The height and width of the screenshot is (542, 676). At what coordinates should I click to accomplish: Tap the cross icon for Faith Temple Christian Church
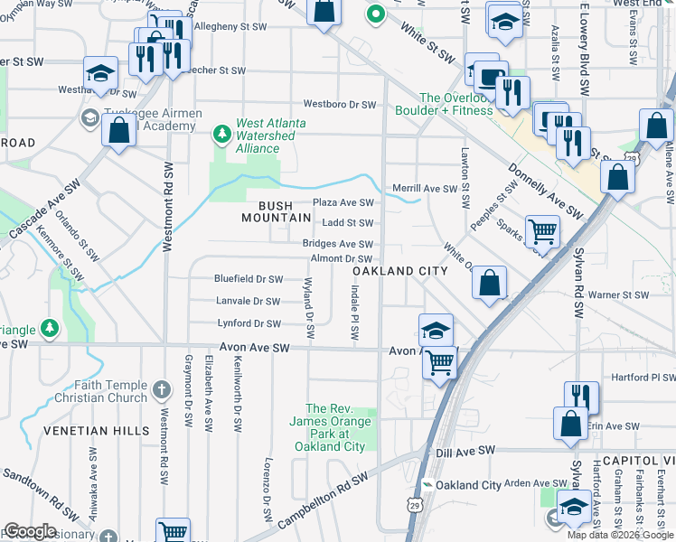162,390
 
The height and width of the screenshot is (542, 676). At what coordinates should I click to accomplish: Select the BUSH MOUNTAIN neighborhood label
268,211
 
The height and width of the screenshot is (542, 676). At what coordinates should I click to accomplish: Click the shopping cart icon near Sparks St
542,231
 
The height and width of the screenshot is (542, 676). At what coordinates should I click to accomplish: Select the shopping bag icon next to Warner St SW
489,282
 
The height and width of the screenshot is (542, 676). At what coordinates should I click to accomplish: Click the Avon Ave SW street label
254,348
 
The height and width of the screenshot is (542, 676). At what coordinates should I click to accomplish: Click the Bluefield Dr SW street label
249,279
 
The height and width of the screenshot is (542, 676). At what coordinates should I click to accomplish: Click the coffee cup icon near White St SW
491,79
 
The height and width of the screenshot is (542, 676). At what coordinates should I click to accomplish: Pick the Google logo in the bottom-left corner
30,531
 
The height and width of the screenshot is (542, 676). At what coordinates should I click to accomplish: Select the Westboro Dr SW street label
339,105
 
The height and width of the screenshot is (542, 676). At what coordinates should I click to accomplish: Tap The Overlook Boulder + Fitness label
455,104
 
